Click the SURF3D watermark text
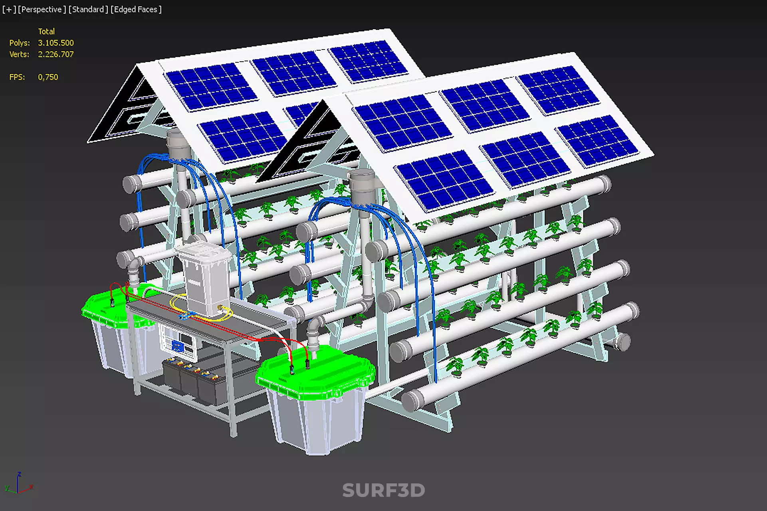click(383, 490)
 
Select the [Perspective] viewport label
click(42, 9)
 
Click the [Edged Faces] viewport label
click(136, 9)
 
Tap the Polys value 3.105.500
click(55, 43)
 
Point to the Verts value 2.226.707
click(55, 54)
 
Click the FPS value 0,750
click(48, 77)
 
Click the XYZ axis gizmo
click(18, 484)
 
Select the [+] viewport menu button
click(9, 9)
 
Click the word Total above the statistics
click(46, 32)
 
